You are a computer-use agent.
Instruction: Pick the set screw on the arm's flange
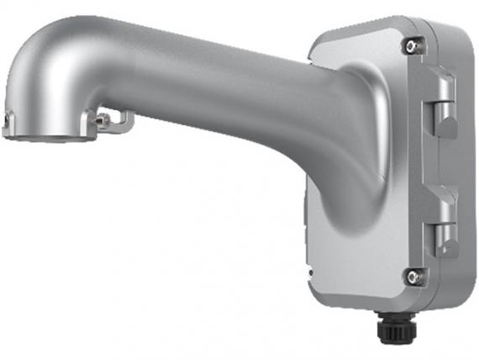(x=103, y=120)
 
